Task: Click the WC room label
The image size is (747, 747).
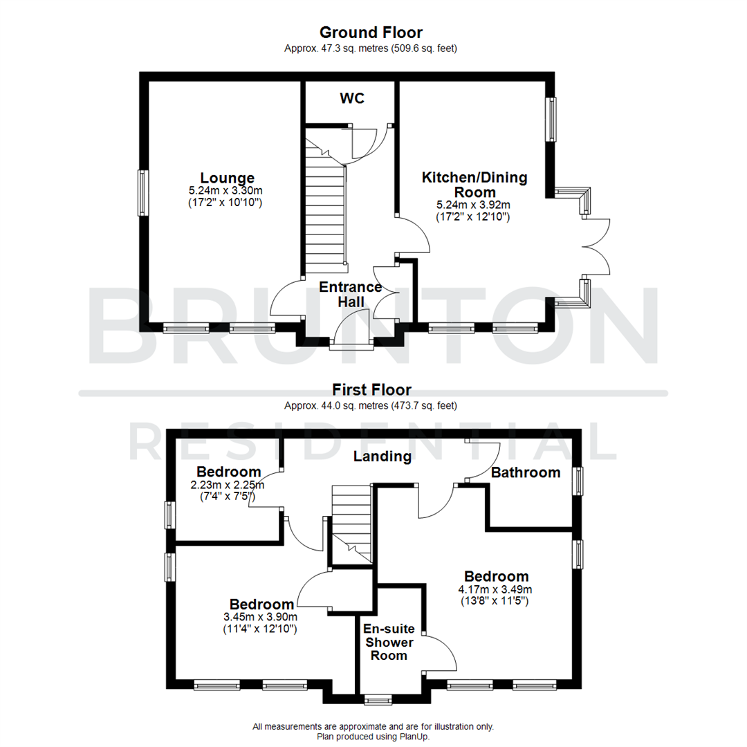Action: click(x=351, y=98)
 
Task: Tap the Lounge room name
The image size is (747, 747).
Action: click(x=227, y=178)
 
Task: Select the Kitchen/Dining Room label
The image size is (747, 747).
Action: click(x=474, y=185)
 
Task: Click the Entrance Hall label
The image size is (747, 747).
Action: click(x=350, y=294)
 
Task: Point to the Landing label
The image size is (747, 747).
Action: click(x=382, y=456)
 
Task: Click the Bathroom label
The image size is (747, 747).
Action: click(x=525, y=472)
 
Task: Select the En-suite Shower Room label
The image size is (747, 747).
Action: click(x=389, y=642)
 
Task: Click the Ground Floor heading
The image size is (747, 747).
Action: click(x=371, y=33)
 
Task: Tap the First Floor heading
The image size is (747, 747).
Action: click(x=371, y=390)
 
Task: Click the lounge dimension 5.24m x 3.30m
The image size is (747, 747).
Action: click(x=225, y=191)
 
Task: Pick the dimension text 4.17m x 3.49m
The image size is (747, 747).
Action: click(x=497, y=589)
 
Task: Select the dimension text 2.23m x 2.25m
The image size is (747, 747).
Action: click(x=228, y=485)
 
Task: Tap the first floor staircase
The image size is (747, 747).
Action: click(x=352, y=522)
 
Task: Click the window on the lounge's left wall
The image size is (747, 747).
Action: click(x=142, y=193)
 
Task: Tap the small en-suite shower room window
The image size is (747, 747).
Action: click(x=378, y=700)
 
